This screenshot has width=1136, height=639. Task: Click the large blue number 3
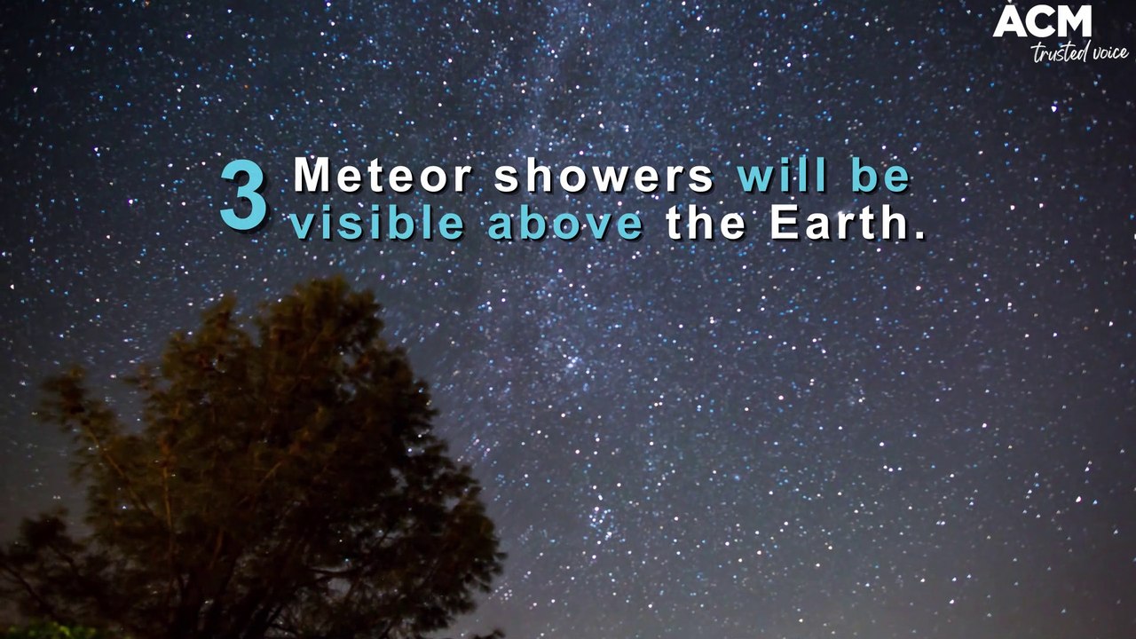[243, 197]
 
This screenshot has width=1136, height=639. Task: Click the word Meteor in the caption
[383, 176]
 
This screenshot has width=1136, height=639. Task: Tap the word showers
[603, 176]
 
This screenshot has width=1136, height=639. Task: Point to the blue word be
[881, 176]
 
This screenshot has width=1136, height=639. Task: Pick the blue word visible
[376, 224]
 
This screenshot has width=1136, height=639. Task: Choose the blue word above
[565, 224]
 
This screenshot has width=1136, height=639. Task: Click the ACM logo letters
[1042, 22]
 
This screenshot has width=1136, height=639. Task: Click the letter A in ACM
[1008, 22]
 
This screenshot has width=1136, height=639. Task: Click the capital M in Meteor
[312, 176]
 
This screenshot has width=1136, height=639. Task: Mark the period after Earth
[919, 236]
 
